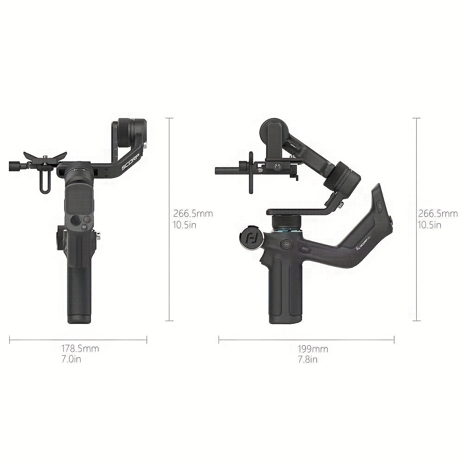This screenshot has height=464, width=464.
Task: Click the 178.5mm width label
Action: pos(80,348)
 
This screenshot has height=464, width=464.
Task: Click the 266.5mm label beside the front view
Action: pos(193,214)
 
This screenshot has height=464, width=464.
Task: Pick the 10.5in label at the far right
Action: pos(429,225)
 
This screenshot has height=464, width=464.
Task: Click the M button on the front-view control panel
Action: pos(84,227)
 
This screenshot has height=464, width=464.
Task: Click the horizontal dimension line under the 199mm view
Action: pos(306,340)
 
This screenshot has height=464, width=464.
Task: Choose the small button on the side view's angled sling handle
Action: pos(379,204)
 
